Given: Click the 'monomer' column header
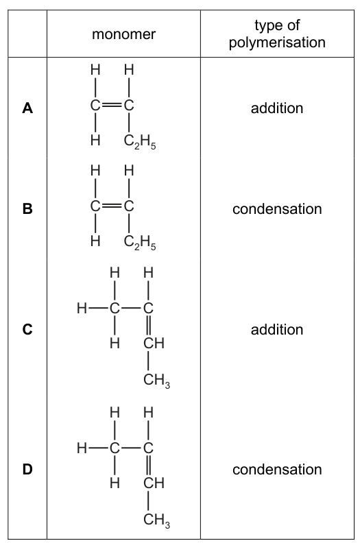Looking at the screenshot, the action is coord(123,34).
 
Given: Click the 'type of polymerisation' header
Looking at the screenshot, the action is coord(277,34).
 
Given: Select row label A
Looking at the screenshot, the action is coord(27,108).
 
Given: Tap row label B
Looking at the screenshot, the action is coord(27,209).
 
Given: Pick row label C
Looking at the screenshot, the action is coord(27,329).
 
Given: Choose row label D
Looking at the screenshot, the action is coord(27,469).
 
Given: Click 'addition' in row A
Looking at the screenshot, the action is coord(277,108).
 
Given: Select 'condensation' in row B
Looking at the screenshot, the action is coord(277,209).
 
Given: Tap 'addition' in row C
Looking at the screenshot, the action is coord(277,329).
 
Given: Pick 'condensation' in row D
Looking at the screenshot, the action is coord(277,469).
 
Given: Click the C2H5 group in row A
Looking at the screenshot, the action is coord(140,142).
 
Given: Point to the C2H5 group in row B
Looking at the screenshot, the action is coord(140,243).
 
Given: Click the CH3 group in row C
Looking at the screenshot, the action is coord(156,381).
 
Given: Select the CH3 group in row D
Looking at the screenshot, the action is coord(156,520).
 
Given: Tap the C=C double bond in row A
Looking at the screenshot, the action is coord(112,106).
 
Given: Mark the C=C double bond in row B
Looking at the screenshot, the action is coord(112,206).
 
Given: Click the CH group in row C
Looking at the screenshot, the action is coord(154,343).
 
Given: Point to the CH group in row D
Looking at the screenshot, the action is coord(154,483).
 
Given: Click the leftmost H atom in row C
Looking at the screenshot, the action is coord(82,308).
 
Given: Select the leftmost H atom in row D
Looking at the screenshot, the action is coord(82,448).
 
